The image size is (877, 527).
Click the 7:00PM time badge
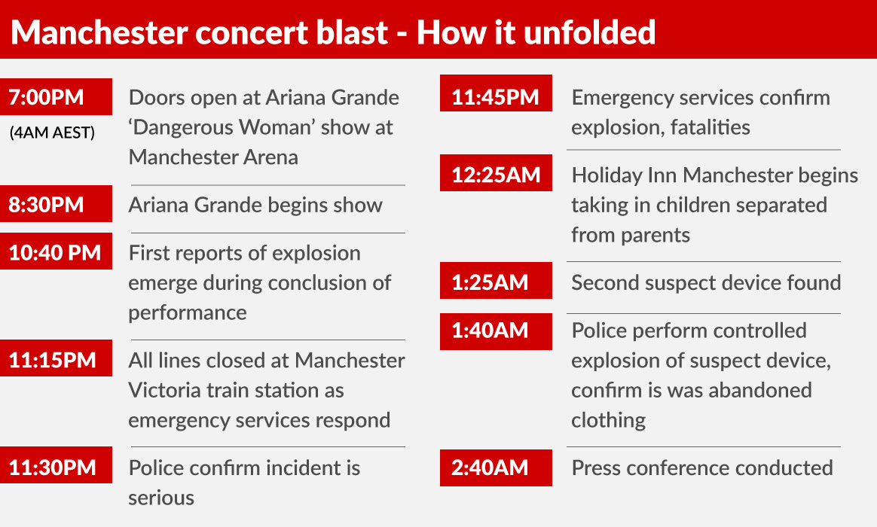[x=56, y=96]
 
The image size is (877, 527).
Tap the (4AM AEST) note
[x=52, y=133]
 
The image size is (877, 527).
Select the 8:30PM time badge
[x=56, y=204]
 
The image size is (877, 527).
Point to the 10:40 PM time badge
[x=56, y=251]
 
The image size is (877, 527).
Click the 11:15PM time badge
[x=56, y=358]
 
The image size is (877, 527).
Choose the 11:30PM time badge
[x=56, y=465]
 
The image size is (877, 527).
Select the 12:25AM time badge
[x=496, y=173]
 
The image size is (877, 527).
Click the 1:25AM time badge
[x=496, y=281]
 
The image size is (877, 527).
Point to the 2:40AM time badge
[x=496, y=468]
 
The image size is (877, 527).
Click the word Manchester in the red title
[x=99, y=32]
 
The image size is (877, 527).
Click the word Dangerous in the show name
[x=182, y=128]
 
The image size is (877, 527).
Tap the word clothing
[x=609, y=420]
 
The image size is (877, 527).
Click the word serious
[x=161, y=498]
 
